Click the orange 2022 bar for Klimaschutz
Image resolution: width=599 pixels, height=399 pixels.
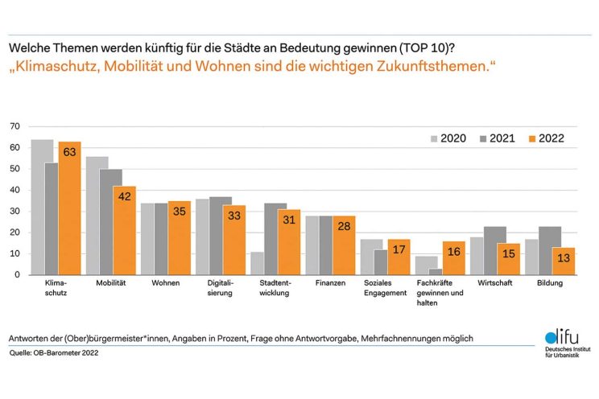tap(69, 209)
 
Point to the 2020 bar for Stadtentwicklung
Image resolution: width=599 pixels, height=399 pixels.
tap(256, 264)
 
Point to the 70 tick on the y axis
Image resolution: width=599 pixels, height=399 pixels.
tap(14, 127)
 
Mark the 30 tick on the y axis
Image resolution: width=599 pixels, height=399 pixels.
tap(14, 212)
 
